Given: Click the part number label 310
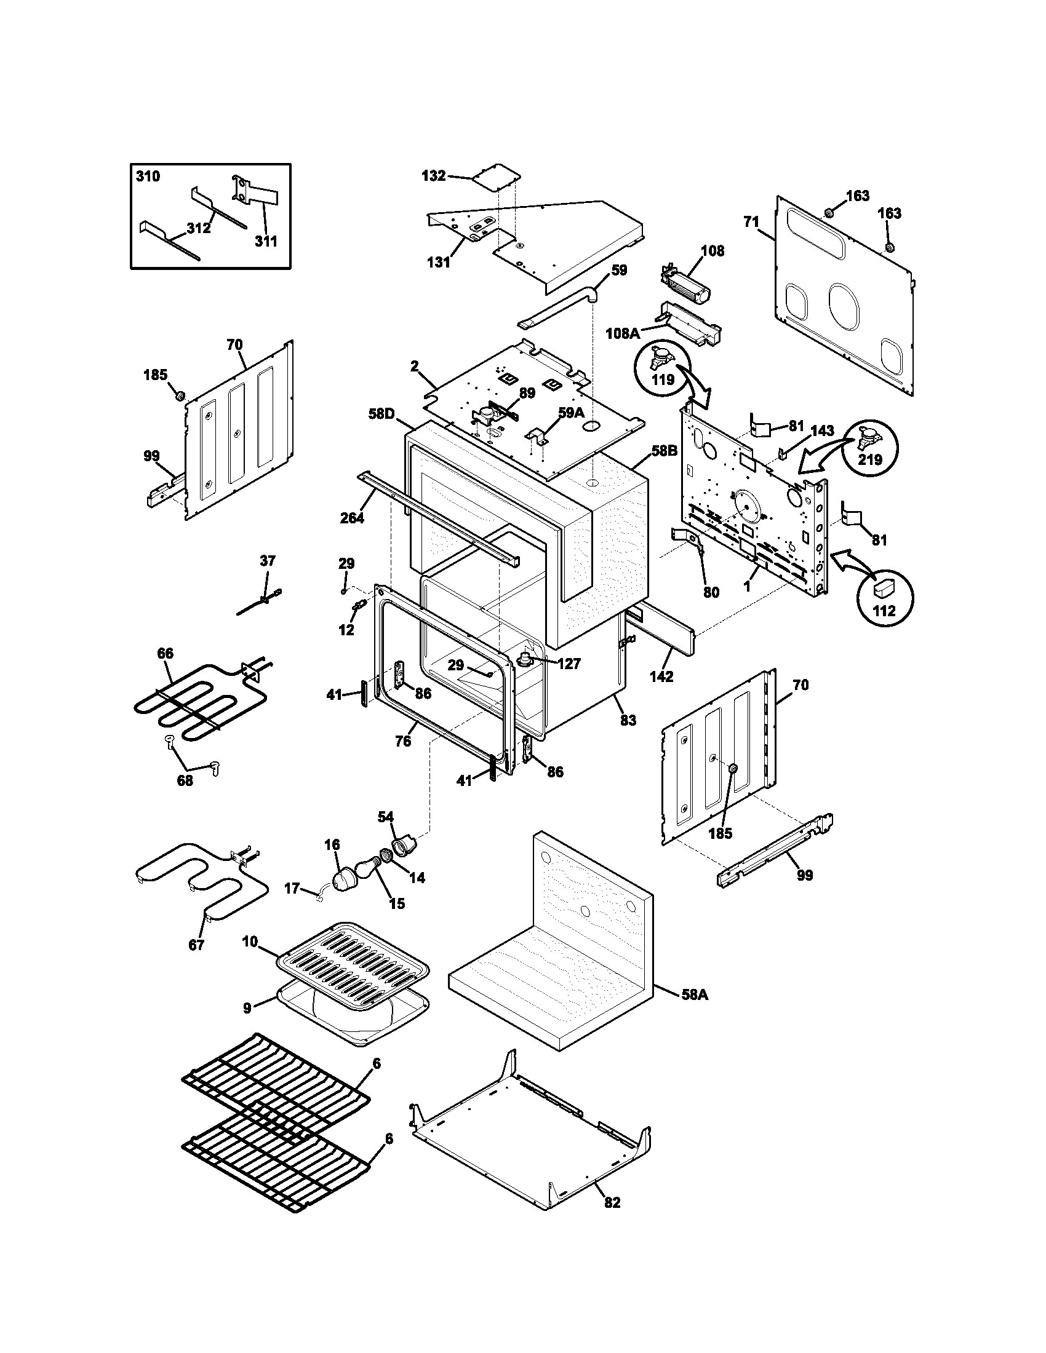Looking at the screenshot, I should pyautogui.click(x=148, y=177).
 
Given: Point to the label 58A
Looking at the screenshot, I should pyautogui.click(x=695, y=995).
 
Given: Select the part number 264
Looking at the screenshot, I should pyautogui.click(x=352, y=518).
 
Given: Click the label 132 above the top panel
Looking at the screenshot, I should pyautogui.click(x=433, y=176).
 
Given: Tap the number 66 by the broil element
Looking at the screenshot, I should pyautogui.click(x=166, y=654).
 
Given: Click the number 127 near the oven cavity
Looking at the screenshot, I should pyautogui.click(x=569, y=664).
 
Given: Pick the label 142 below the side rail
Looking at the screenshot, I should pyautogui.click(x=661, y=676).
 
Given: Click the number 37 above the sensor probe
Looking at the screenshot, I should pyautogui.click(x=267, y=561).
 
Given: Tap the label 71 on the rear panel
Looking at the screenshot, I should pyautogui.click(x=751, y=223).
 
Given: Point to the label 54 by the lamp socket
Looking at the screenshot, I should pyautogui.click(x=386, y=817).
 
